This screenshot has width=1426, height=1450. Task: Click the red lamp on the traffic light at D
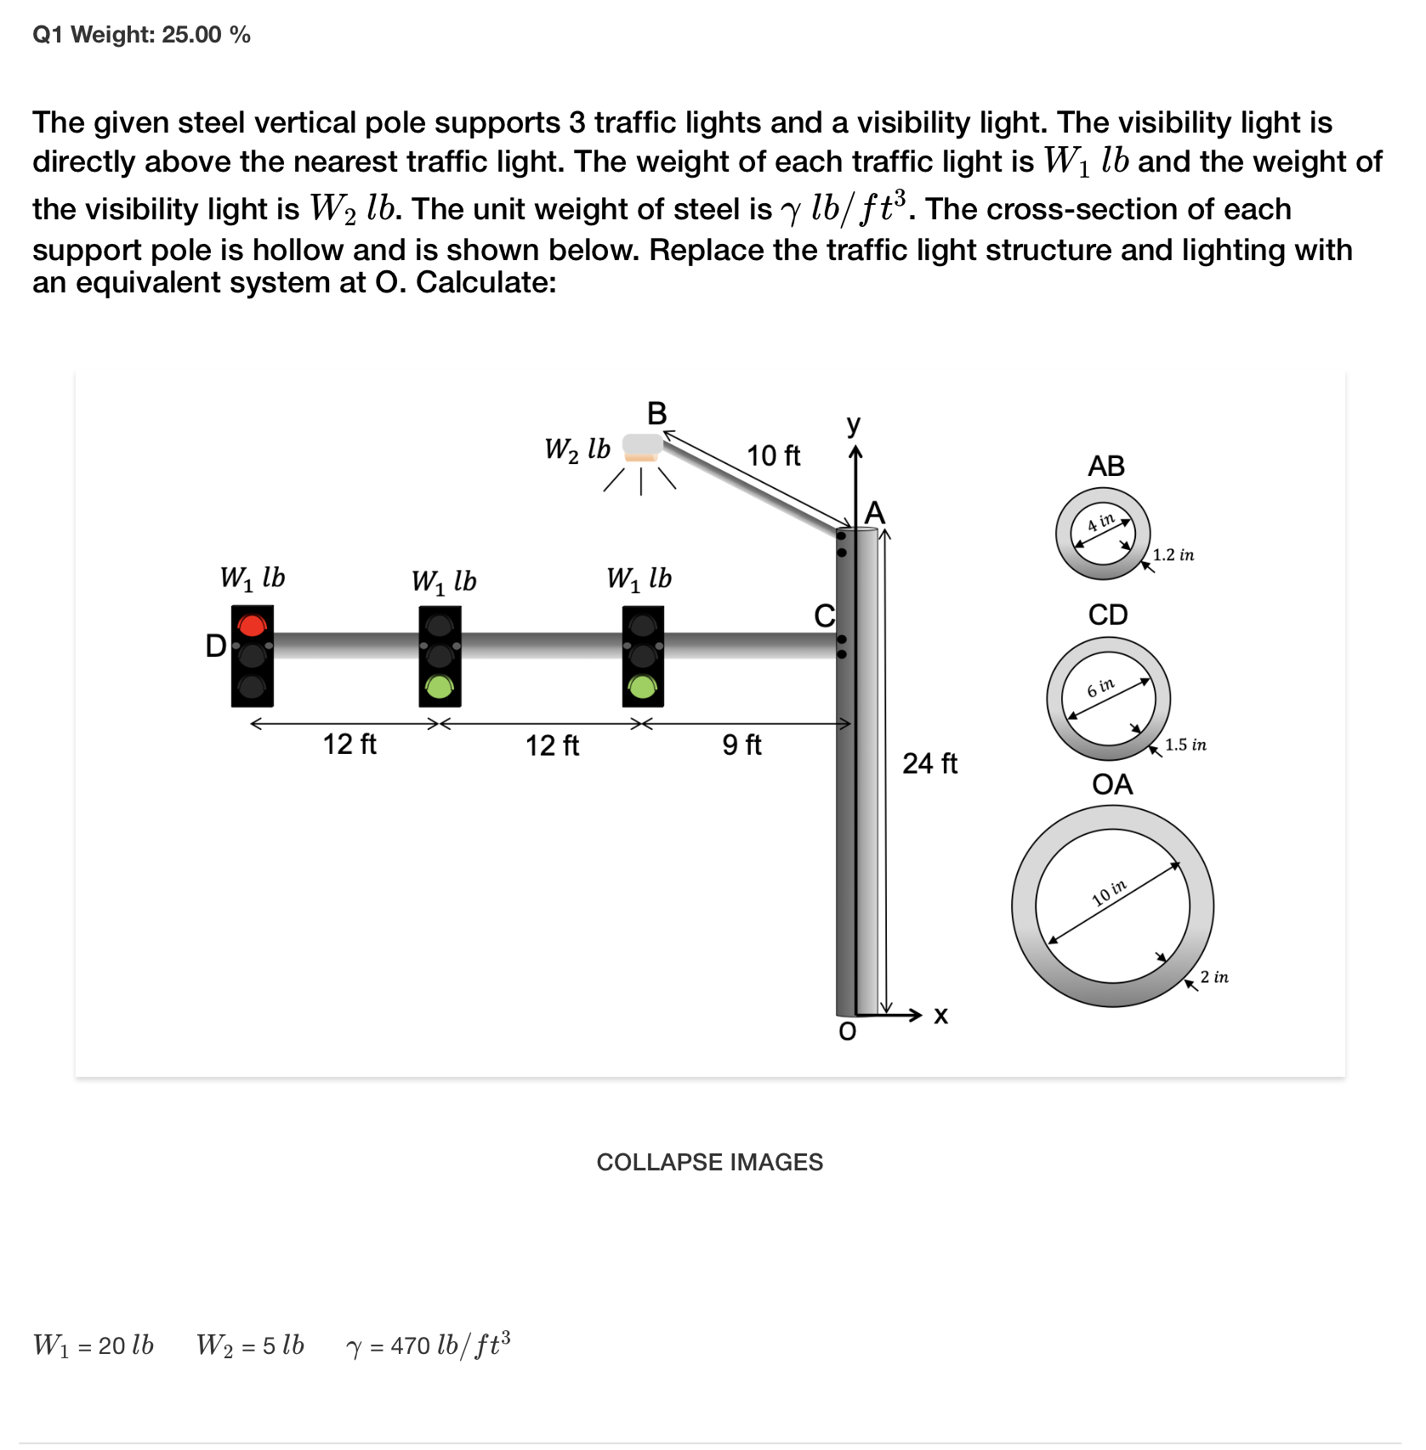click(x=253, y=626)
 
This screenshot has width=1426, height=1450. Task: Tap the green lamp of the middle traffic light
click(x=440, y=685)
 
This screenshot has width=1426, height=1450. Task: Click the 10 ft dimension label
click(x=773, y=456)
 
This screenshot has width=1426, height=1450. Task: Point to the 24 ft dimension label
click(x=929, y=763)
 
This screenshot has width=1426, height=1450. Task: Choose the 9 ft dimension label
click(x=741, y=745)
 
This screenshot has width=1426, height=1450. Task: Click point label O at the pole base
click(x=848, y=1032)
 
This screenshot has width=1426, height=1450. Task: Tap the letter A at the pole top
click(x=874, y=513)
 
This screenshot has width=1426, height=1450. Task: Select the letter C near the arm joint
click(x=824, y=615)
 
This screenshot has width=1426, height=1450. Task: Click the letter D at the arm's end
click(x=216, y=646)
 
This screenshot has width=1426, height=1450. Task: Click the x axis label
click(x=940, y=1015)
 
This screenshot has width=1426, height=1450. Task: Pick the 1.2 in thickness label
click(x=1173, y=555)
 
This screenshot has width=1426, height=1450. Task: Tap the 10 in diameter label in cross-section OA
click(x=1109, y=892)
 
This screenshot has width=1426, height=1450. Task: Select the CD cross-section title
click(x=1108, y=615)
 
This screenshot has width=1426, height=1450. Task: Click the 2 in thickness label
click(x=1214, y=977)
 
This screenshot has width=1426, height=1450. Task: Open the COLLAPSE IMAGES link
click(x=709, y=1162)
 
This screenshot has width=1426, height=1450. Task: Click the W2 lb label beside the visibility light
click(x=577, y=449)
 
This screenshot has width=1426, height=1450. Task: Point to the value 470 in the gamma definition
click(x=410, y=1345)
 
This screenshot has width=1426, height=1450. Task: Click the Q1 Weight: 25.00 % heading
click(x=141, y=35)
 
